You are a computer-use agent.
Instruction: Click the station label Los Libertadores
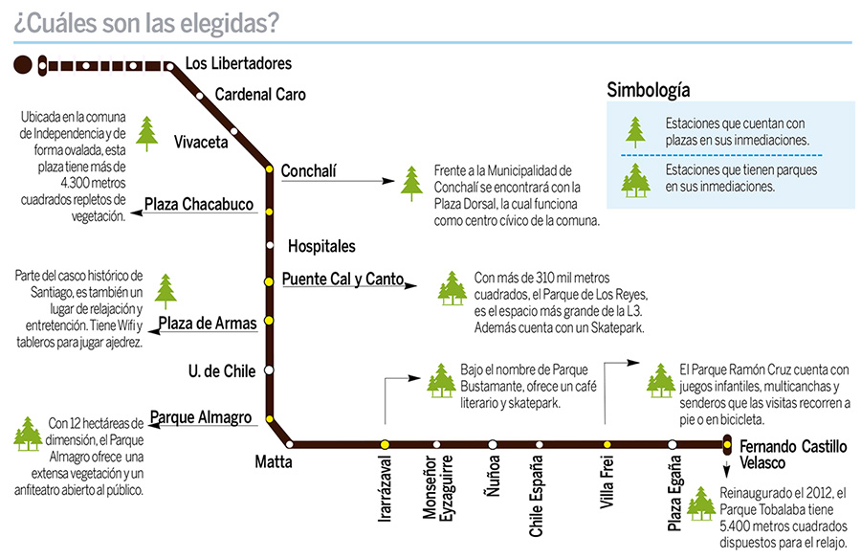(x=237, y=64)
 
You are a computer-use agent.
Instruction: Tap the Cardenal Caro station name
(x=260, y=95)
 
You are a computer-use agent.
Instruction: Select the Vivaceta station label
(x=201, y=143)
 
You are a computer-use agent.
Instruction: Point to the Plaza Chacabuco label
(x=199, y=204)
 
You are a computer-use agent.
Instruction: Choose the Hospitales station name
(x=321, y=246)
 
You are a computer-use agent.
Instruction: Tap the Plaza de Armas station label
(x=208, y=324)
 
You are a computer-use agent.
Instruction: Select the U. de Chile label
(x=221, y=369)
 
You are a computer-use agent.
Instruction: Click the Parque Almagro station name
(x=201, y=417)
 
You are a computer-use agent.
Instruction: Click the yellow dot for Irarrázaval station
(x=385, y=444)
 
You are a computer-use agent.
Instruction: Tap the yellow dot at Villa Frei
(x=607, y=444)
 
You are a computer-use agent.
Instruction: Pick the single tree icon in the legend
(x=633, y=130)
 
